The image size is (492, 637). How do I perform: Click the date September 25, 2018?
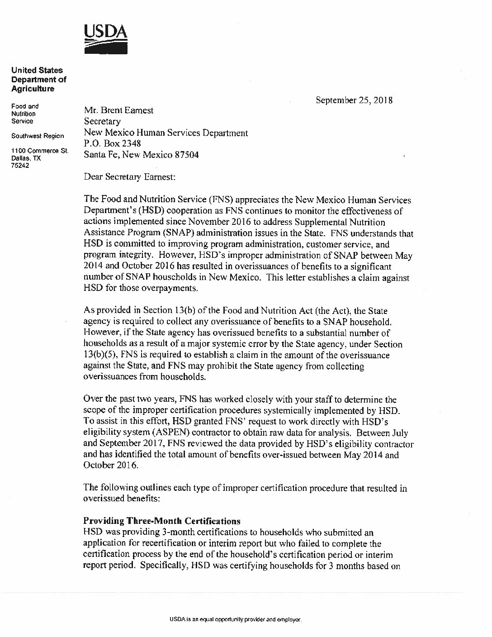[x=354, y=100]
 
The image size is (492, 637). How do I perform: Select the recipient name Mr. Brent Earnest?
[x=118, y=110]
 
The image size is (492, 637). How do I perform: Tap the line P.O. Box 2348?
[x=113, y=144]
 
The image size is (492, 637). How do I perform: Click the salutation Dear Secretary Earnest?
[x=129, y=177]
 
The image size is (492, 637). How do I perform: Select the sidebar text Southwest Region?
[x=38, y=136]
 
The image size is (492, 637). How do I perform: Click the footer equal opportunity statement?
[x=232, y=619]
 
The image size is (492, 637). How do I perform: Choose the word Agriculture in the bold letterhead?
[x=33, y=89]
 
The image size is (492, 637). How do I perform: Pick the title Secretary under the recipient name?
[x=102, y=122]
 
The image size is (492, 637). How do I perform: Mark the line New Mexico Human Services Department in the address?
[x=166, y=133]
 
